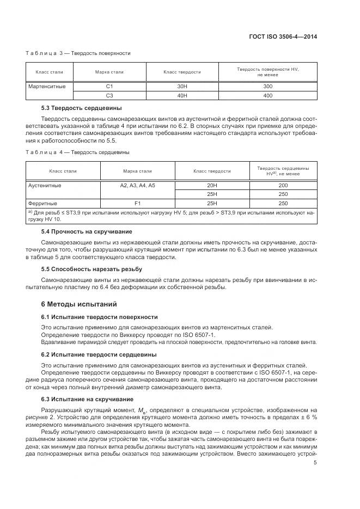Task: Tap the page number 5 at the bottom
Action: tap(315, 463)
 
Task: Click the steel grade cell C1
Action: tap(109, 86)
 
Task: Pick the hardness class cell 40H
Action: tap(182, 95)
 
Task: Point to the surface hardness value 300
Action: tap(267, 86)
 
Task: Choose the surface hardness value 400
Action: tap(267, 95)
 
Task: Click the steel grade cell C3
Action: tap(109, 95)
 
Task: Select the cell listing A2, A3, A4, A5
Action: tap(137, 185)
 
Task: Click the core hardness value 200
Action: tap(283, 185)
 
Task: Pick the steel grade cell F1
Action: tap(137, 203)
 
